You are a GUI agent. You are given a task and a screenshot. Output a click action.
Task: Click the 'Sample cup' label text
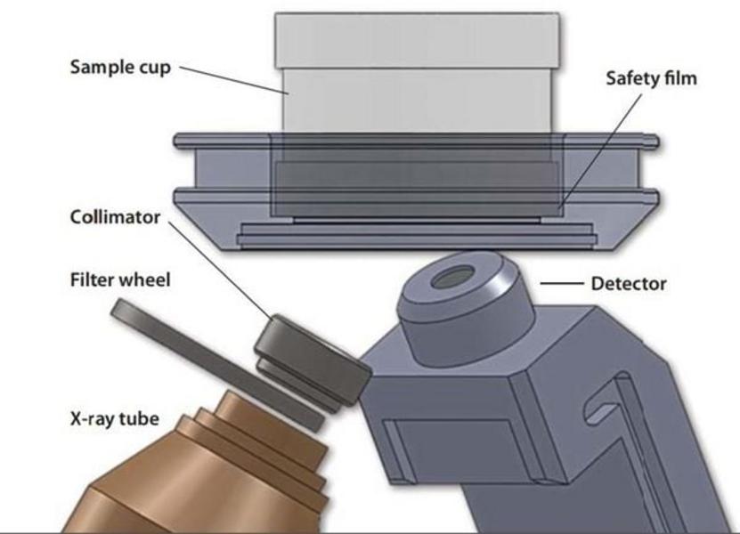121,68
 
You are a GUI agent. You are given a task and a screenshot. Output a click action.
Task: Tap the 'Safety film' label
651,78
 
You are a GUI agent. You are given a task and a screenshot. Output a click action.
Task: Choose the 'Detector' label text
628,284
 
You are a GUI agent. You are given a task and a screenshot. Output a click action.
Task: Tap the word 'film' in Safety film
679,78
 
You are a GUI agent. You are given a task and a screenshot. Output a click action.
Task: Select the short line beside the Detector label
560,285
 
